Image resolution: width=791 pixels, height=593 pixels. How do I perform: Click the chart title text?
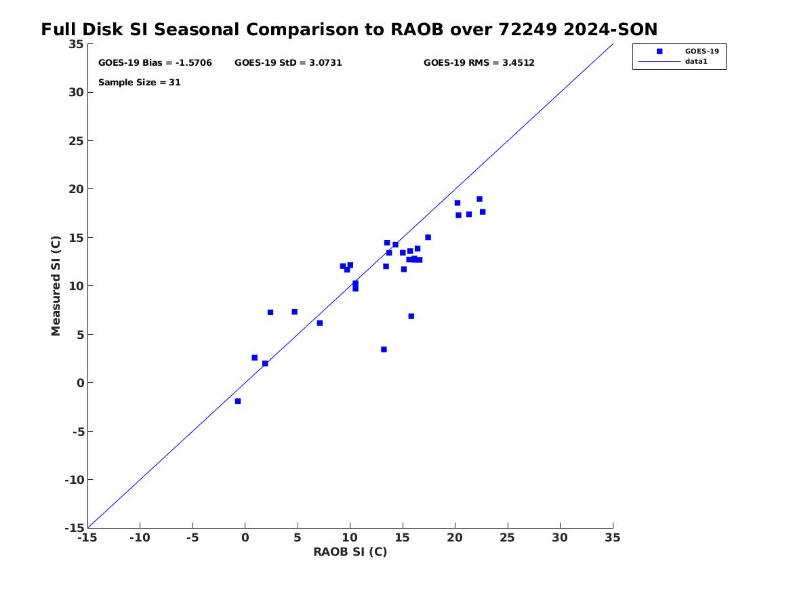pos(349,30)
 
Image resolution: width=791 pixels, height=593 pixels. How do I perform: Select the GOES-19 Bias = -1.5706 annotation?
pos(155,63)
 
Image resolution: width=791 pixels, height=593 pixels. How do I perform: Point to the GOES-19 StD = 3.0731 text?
pos(288,63)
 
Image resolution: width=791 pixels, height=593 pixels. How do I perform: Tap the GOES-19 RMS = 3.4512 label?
pos(479,63)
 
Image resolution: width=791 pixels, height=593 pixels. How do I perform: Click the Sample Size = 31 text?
pos(139,83)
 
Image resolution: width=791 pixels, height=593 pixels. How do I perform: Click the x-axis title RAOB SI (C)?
pos(350,552)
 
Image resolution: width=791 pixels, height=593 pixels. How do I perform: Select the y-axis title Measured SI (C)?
pos(56,285)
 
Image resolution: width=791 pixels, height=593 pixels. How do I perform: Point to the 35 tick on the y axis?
pos(76,44)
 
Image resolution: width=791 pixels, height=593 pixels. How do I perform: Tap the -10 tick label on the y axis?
pos(74,480)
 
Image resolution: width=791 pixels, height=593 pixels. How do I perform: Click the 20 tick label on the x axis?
pos(455,538)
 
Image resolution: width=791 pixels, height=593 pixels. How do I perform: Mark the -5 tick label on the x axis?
pos(192,538)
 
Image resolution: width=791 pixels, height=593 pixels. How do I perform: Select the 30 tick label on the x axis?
pos(560,538)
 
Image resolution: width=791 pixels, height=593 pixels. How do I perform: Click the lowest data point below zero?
pos(238,401)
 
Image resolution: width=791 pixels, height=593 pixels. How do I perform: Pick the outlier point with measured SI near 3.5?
pos(384,350)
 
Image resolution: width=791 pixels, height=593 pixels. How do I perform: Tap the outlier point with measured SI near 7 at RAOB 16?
pos(411,316)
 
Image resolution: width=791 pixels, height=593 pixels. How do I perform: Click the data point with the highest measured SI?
pos(479,199)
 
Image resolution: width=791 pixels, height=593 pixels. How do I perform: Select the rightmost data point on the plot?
pos(483,211)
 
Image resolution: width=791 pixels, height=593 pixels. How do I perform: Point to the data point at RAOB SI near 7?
pos(320,323)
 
